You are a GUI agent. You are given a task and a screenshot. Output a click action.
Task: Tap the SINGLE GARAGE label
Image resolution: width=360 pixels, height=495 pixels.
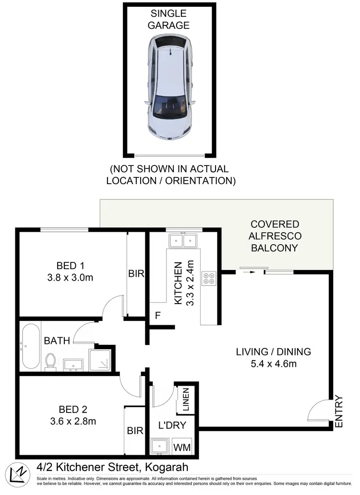point(168,20)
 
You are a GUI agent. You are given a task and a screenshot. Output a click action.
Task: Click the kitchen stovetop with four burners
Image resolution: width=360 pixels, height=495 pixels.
point(210,278)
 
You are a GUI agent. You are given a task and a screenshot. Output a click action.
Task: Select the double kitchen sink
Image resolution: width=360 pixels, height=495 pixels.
point(183,240)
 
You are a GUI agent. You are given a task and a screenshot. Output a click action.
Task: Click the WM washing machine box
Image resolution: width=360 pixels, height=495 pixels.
point(181,448)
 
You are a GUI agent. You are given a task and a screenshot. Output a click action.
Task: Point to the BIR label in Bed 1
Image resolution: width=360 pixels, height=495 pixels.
point(136,273)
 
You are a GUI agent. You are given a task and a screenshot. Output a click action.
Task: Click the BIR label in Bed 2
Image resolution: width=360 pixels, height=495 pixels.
point(135,431)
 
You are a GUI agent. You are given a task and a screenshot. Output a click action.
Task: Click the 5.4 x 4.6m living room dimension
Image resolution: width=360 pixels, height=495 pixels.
point(273,364)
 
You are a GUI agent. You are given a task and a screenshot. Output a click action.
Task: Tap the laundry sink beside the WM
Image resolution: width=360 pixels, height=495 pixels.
point(159,447)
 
